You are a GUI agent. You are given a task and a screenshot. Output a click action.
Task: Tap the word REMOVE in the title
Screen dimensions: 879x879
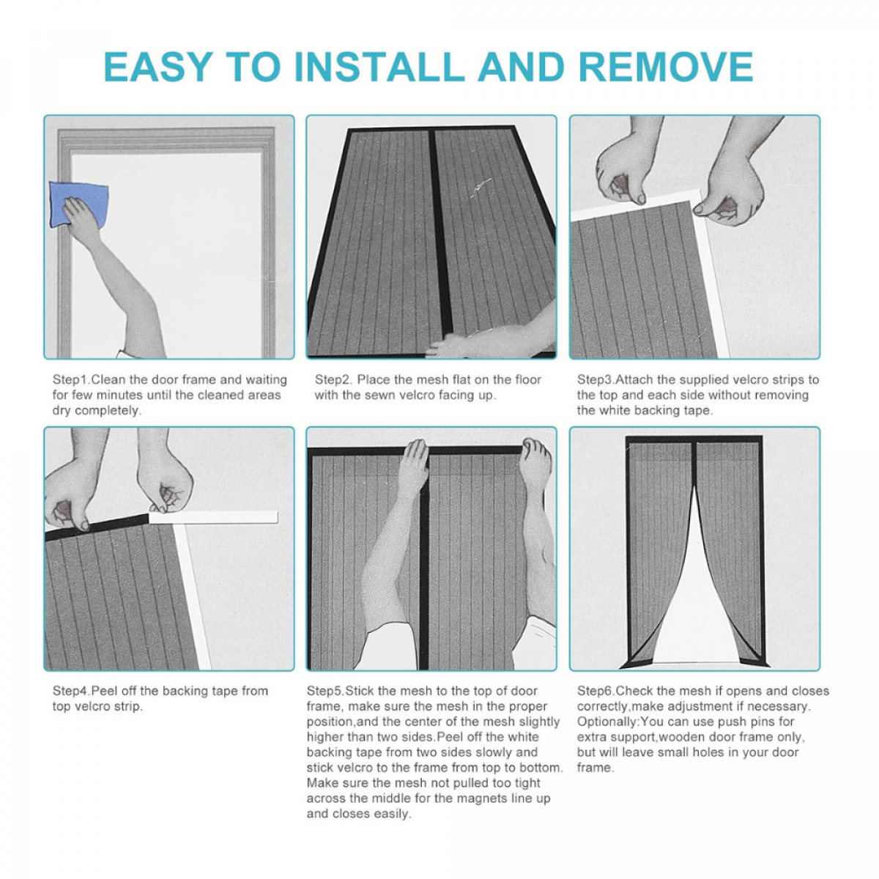pos(666,67)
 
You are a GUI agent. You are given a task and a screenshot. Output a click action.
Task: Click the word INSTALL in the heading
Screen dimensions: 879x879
pos(379,67)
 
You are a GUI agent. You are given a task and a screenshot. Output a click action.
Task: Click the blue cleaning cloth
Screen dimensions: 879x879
pos(78,203)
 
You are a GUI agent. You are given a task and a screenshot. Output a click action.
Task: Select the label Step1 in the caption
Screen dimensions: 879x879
pos(71,379)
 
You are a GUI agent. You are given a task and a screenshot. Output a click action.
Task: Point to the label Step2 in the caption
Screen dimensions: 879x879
pos(333,379)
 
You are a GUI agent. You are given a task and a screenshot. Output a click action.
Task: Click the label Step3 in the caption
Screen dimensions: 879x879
pos(596,379)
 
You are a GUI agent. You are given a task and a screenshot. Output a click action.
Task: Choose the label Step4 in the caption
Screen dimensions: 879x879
pos(71,691)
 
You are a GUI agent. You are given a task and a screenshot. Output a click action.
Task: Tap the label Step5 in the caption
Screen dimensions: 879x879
pos(324,691)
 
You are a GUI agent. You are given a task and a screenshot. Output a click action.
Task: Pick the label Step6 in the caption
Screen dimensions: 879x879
pos(596,691)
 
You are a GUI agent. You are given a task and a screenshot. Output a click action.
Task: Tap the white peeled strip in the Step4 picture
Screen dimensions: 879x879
pos(213,517)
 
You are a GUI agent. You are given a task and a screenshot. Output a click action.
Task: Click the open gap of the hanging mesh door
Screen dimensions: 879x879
pos(694,593)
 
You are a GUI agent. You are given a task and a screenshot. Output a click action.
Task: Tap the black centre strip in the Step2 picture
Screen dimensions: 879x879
pos(441,233)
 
